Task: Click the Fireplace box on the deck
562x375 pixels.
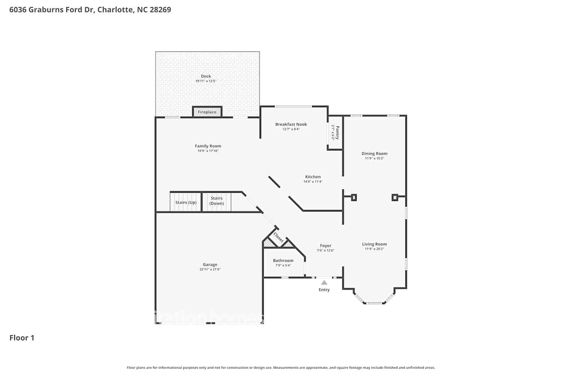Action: click(207, 112)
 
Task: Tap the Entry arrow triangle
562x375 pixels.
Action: click(324, 283)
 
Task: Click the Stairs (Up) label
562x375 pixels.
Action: click(186, 202)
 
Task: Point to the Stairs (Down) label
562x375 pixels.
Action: click(217, 201)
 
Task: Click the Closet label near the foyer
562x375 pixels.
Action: click(278, 237)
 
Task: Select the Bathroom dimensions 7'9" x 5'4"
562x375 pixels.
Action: click(283, 265)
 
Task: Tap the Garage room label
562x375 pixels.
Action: click(210, 264)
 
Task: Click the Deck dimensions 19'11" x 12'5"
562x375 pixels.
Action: click(206, 81)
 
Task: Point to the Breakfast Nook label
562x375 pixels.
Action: click(291, 124)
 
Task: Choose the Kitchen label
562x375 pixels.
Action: click(313, 177)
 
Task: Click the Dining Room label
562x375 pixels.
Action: click(374, 153)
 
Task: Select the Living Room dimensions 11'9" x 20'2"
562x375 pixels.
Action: click(374, 249)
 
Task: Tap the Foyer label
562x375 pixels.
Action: click(326, 246)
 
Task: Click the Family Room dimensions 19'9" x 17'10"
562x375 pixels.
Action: click(208, 151)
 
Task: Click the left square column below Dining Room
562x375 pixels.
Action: click(354, 197)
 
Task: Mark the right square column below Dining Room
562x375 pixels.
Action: click(395, 197)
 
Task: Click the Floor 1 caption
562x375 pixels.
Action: click(22, 338)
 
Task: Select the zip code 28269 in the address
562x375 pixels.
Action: click(160, 10)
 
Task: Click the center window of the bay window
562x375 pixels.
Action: click(374, 303)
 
